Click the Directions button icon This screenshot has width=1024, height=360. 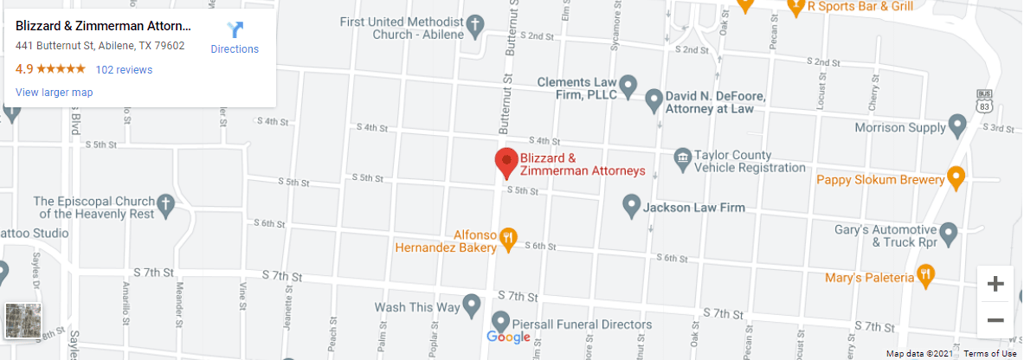(x=235, y=30)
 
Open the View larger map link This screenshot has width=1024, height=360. (x=54, y=93)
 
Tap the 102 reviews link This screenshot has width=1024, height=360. (x=124, y=70)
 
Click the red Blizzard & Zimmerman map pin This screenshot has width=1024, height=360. (x=506, y=162)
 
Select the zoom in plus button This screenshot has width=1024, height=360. (x=995, y=284)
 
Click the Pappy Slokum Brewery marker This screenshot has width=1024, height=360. (x=956, y=179)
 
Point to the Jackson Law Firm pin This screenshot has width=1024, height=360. (x=631, y=207)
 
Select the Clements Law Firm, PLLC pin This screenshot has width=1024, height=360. (x=629, y=87)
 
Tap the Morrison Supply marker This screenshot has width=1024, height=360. (x=957, y=126)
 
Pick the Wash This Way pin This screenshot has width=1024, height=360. (x=472, y=305)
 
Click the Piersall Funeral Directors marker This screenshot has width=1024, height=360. (x=500, y=322)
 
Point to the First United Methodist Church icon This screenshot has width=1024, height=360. (x=475, y=27)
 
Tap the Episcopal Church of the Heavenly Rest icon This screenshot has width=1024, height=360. (x=164, y=206)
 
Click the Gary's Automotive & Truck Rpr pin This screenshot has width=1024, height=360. (x=949, y=233)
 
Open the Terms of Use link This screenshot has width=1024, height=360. (x=990, y=353)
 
